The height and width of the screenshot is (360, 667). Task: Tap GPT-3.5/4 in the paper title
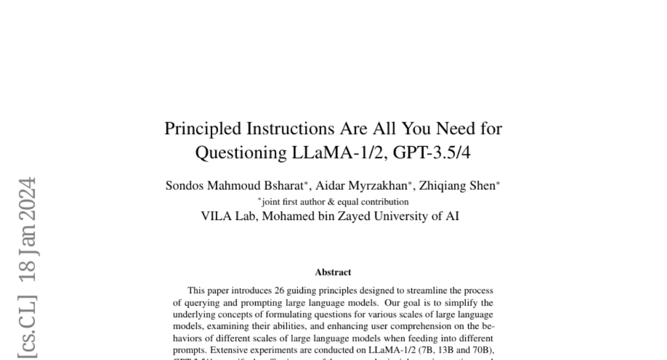[431, 152]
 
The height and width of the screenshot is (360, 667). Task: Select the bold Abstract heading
[333, 272]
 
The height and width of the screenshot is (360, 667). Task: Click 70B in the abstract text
[483, 350]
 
